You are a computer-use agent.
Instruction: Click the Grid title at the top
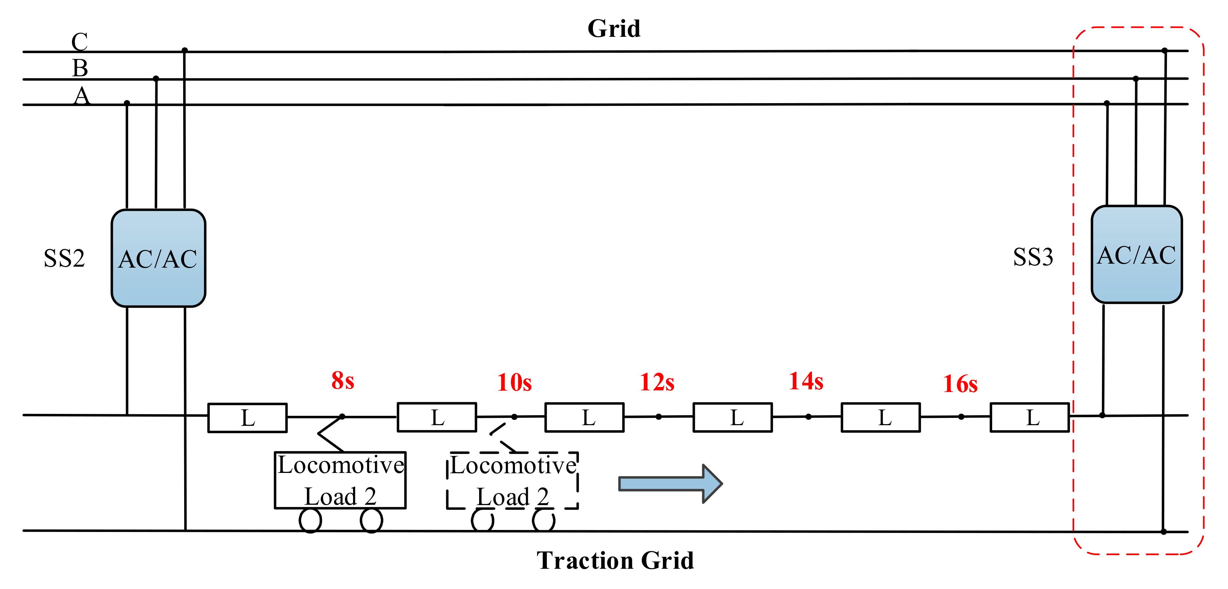[614, 29]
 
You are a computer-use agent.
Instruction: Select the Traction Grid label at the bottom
[615, 560]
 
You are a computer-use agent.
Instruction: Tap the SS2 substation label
[64, 259]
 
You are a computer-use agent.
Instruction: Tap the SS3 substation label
[1033, 257]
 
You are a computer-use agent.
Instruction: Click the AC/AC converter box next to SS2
[158, 258]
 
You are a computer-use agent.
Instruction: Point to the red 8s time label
[343, 381]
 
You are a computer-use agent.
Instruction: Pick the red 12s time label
[657, 382]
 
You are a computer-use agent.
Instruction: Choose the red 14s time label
[806, 381]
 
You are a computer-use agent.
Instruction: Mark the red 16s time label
[960, 384]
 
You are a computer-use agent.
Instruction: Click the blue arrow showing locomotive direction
[670, 484]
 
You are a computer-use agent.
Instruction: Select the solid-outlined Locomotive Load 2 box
[340, 480]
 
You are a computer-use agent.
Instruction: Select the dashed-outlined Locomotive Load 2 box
[512, 480]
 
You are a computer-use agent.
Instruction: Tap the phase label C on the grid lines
[80, 41]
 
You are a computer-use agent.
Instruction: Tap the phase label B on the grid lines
[80, 68]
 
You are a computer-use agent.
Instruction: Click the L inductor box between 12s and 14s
[732, 418]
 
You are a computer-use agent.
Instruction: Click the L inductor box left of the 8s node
[248, 418]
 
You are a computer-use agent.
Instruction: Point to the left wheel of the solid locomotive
[310, 520]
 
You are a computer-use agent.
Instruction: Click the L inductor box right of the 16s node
[1030, 418]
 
